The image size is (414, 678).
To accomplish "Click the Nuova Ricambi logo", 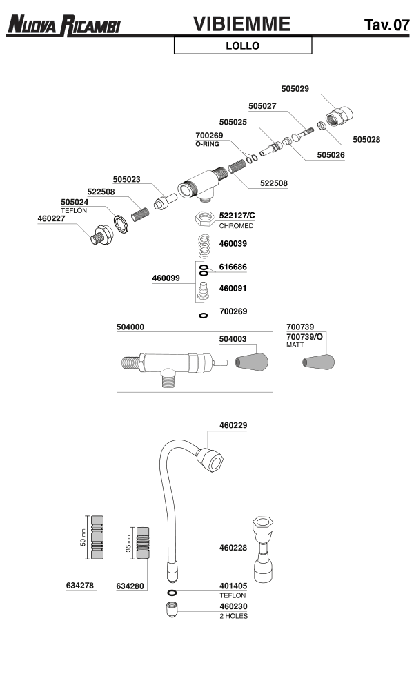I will click(x=64, y=26).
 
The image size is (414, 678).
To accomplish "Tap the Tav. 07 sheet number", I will click(x=386, y=26).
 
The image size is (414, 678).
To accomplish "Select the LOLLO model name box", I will click(x=243, y=46).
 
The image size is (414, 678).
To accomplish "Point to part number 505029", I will click(x=295, y=88).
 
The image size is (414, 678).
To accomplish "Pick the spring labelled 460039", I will click(x=204, y=244).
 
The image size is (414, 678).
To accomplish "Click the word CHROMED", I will click(x=236, y=226).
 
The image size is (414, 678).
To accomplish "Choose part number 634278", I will click(x=80, y=586).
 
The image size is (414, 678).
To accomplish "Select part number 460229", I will click(x=233, y=425).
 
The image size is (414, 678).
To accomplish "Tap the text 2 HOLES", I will click(x=233, y=615).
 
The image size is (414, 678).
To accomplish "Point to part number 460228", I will click(x=233, y=548).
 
